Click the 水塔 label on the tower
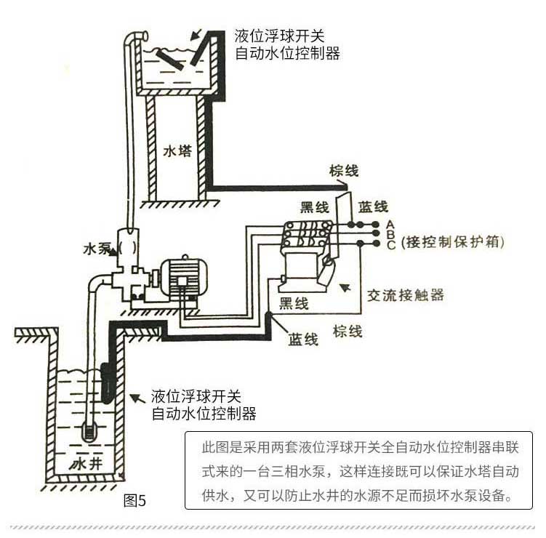pyautogui.click(x=176, y=153)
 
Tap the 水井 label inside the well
pyautogui.click(x=87, y=462)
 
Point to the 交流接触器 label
pyautogui.click(x=405, y=295)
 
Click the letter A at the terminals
pyautogui.click(x=390, y=223)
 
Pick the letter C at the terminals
pyautogui.click(x=390, y=245)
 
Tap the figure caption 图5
pyautogui.click(x=136, y=500)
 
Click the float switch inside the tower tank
pyautogui.click(x=170, y=60)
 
